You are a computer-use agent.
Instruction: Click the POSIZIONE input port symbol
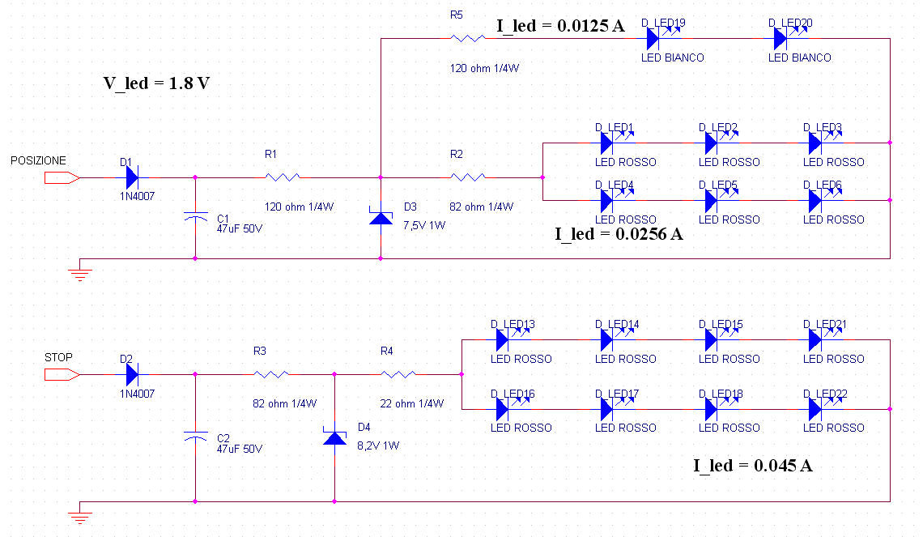[x=62, y=178]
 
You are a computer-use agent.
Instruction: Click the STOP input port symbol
[x=62, y=374]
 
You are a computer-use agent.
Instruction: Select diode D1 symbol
[x=132, y=177]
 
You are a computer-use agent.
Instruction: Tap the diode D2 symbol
[x=132, y=374]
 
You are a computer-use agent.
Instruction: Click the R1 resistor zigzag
[x=283, y=177]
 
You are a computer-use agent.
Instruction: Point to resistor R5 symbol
[x=468, y=38]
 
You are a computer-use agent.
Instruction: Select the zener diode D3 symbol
[x=381, y=217]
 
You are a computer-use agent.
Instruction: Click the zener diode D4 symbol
[x=335, y=437]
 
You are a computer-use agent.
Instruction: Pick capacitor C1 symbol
[x=195, y=217]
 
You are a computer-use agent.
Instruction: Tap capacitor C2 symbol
[x=195, y=437]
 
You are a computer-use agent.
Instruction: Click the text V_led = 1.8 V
[x=156, y=83]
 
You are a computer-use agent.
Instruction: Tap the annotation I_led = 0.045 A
[x=753, y=466]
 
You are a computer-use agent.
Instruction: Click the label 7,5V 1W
[x=424, y=225]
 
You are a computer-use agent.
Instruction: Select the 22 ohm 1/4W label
[x=411, y=403]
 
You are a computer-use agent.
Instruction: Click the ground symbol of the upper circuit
[x=79, y=274]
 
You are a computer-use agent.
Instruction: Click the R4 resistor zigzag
[x=398, y=374]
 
